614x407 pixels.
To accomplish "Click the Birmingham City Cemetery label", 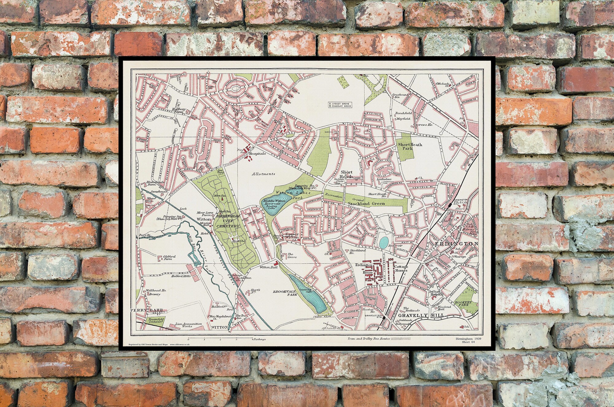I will tap(228, 221).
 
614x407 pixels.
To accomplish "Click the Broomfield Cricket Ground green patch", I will tap(151, 320).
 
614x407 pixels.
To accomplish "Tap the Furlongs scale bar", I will tap(220, 339).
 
